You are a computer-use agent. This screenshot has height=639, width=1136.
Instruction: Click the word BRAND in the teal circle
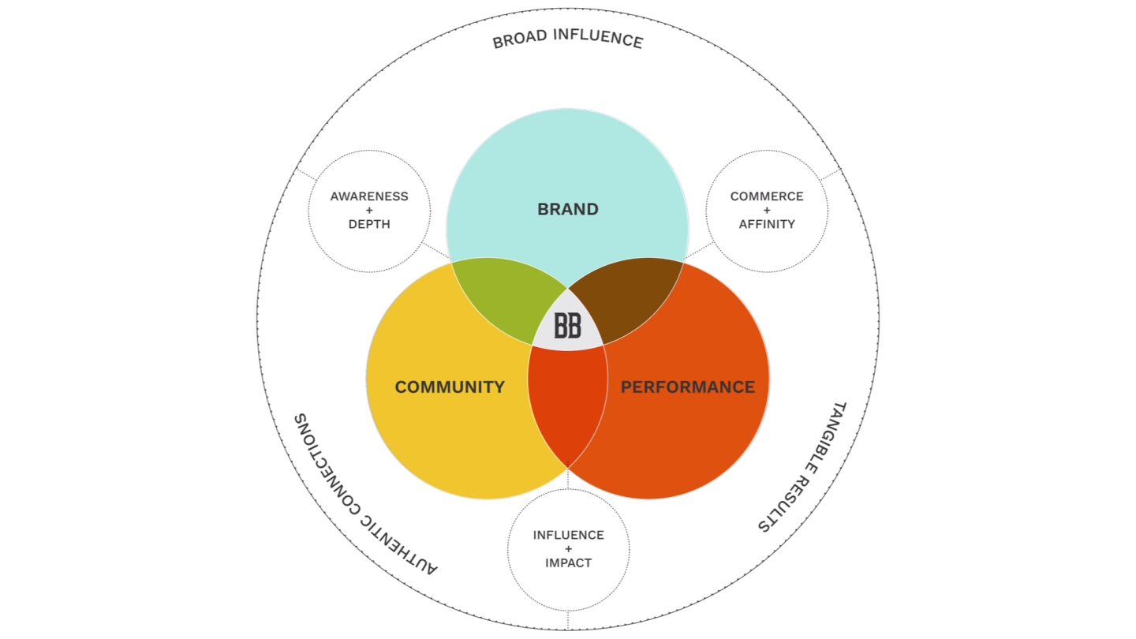point(568,210)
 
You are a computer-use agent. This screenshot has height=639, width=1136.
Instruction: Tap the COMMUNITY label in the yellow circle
point(450,387)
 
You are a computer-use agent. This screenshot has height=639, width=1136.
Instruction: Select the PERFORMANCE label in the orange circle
point(688,387)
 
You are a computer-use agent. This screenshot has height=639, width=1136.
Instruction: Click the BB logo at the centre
point(568,326)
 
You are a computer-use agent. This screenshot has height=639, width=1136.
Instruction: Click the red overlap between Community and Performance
point(568,402)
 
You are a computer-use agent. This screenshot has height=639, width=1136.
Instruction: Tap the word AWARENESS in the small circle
point(369,196)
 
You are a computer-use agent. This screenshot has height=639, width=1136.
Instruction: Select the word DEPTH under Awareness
point(369,224)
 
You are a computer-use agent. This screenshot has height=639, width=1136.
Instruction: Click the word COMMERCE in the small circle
point(767,196)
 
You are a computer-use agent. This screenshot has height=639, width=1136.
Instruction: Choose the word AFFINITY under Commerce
point(767,224)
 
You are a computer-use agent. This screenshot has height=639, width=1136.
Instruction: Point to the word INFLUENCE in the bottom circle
point(568,535)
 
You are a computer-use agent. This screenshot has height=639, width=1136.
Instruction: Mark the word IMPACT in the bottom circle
point(568,563)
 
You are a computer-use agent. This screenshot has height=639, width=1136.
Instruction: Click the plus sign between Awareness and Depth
point(369,210)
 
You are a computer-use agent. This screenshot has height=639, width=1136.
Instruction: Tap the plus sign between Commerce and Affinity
point(767,210)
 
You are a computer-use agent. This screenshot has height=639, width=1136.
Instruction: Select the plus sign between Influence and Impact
point(568,549)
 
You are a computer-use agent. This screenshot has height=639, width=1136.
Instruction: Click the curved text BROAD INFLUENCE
point(568,39)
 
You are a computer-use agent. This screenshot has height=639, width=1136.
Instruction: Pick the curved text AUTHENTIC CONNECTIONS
point(364,494)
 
